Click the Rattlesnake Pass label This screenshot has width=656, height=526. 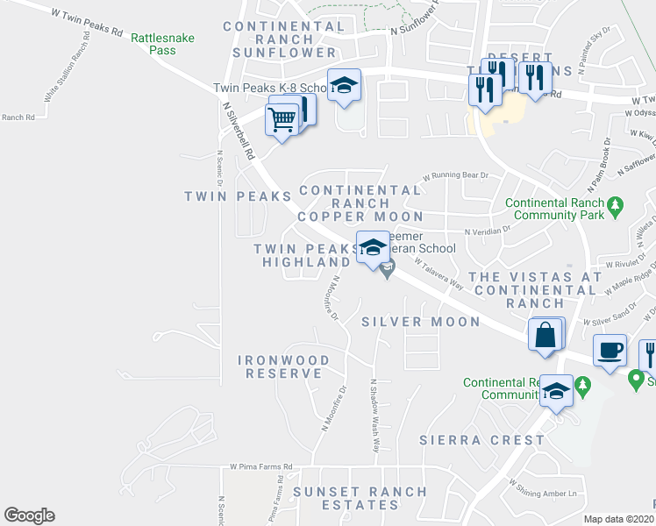coord(163,44)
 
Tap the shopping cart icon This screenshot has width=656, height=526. coord(282,118)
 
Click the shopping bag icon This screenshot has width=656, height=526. coord(545,334)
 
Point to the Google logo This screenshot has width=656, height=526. coord(29,515)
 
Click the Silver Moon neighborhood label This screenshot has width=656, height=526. coord(421,322)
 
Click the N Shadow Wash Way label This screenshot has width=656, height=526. coord(375,416)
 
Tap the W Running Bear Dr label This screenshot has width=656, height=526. coord(456,175)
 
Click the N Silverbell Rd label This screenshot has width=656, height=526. coord(238,131)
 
